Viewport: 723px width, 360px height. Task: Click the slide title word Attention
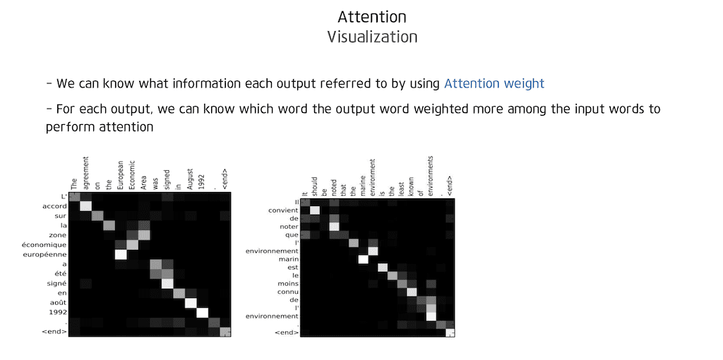coord(371,17)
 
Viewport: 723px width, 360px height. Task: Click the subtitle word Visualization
coord(371,37)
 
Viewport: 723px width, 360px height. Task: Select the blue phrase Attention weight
coord(494,83)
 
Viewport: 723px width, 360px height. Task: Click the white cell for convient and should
coord(316,210)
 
